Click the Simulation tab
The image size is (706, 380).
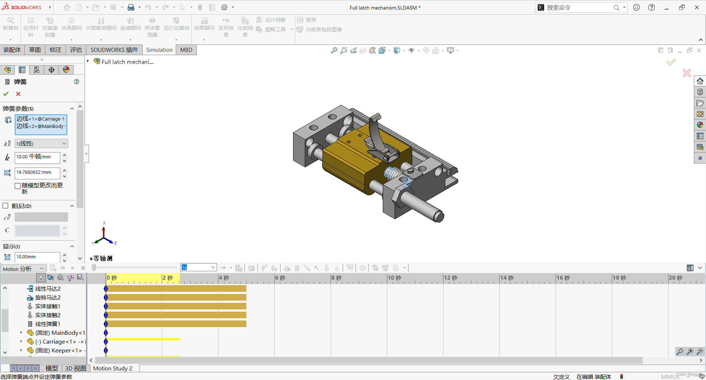[x=159, y=50]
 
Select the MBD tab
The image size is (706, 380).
[x=186, y=50]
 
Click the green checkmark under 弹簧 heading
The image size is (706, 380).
[x=6, y=94]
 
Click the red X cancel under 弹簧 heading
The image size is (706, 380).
[x=18, y=94]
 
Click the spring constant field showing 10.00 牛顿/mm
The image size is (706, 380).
[x=37, y=157]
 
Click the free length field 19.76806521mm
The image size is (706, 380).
[x=37, y=173]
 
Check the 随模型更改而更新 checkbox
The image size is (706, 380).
[x=17, y=186]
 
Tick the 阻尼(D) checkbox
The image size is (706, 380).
[x=6, y=206]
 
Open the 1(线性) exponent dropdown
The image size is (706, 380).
[x=41, y=144]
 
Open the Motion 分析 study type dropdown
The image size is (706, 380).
[x=24, y=269]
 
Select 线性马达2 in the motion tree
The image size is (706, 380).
[x=47, y=289]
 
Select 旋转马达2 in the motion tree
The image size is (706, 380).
[x=47, y=298]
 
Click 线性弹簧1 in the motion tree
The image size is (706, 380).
[x=47, y=324]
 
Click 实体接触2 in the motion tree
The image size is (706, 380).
[x=47, y=315]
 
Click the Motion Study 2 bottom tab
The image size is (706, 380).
[x=113, y=368]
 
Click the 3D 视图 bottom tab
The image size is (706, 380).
[x=75, y=368]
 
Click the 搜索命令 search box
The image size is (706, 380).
[x=577, y=7]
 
